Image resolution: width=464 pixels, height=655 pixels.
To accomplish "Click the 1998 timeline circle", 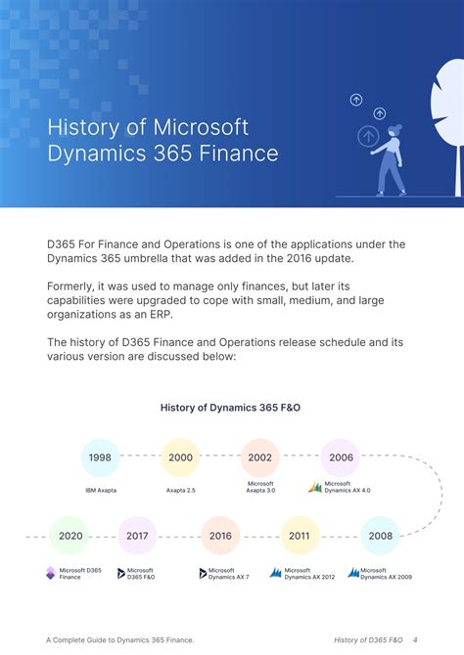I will pos(100,458).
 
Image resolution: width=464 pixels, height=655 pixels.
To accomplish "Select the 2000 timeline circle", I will pos(180,458).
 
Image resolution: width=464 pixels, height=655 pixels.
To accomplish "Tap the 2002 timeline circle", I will pos(260,458).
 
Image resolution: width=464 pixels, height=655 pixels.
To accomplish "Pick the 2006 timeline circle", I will pos(341,458).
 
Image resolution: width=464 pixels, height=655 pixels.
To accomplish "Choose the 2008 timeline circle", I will pos(381,536).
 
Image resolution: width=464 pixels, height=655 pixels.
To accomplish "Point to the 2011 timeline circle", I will pos(300,536).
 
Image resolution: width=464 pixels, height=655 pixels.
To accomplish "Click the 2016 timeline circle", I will pos(220,536).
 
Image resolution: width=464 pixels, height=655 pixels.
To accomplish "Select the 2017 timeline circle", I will pos(137,536).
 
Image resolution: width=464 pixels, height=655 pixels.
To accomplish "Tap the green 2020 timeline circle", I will pos(70,536).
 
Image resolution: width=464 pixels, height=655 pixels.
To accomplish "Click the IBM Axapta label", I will pos(100,490).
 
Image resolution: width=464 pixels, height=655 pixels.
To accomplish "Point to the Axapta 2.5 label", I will pos(181,490).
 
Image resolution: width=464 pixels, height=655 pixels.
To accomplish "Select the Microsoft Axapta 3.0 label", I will pos(260,487).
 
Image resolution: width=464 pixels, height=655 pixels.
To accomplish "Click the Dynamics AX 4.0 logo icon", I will pos(315,487).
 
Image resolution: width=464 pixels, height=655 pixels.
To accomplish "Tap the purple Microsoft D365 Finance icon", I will pos(51,574).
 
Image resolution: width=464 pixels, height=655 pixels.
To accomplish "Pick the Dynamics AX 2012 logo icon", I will pos(276,574).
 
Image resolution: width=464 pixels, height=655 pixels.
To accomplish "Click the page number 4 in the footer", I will pos(415,639).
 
